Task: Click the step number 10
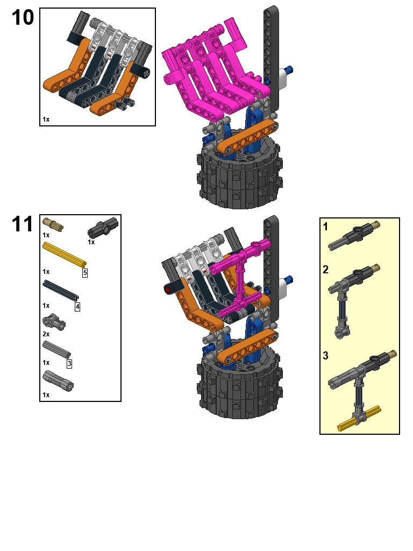(23, 18)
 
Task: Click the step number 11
(23, 224)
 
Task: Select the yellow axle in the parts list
(64, 254)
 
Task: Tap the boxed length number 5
(85, 273)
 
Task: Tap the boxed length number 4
(77, 307)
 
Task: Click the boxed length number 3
(69, 364)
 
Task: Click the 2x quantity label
(46, 334)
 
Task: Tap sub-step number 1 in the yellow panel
(326, 227)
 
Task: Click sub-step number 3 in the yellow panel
(326, 356)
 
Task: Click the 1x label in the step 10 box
(46, 119)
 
